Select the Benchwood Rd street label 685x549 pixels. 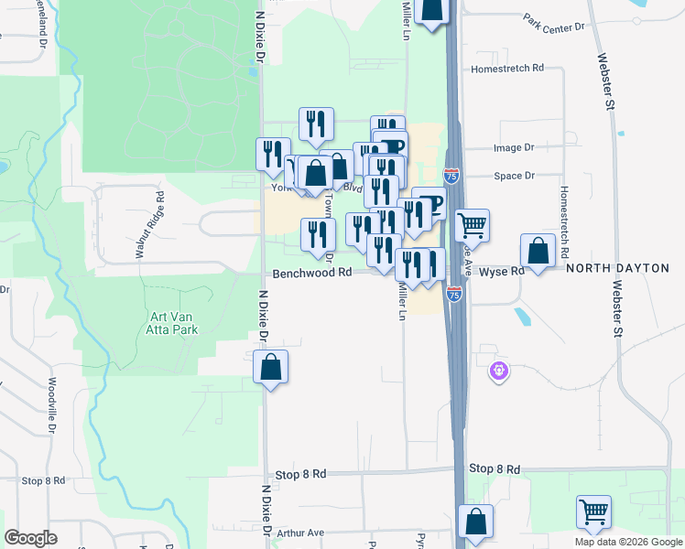click(312, 273)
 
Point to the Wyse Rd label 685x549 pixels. click(502, 272)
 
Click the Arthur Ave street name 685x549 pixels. click(301, 533)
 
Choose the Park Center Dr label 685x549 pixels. click(554, 23)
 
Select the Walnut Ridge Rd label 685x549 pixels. click(147, 224)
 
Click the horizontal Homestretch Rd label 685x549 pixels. click(506, 69)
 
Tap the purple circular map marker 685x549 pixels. click(498, 371)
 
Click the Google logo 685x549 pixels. click(31, 537)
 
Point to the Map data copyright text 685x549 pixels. click(628, 542)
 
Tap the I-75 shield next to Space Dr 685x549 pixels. click(451, 174)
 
